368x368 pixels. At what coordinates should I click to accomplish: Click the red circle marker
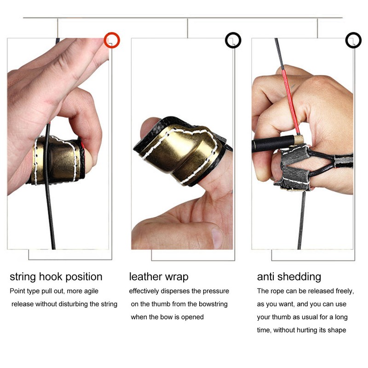(112, 40)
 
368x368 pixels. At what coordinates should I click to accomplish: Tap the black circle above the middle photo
(233, 40)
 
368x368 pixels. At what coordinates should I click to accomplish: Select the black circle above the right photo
(353, 40)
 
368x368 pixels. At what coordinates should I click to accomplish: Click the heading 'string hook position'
(56, 277)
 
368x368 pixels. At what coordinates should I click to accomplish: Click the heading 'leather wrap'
(159, 277)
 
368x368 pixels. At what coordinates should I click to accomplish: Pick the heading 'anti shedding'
(289, 277)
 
